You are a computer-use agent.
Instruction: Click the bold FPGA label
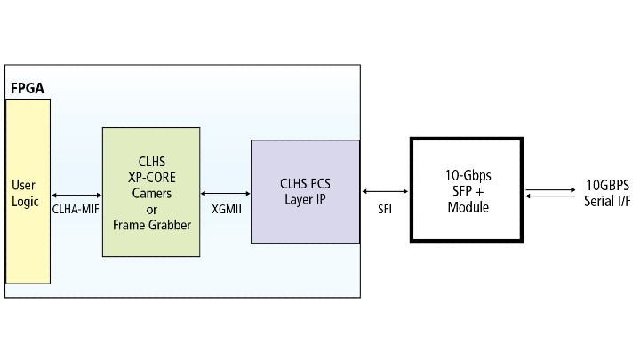(x=27, y=90)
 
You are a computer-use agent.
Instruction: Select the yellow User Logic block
(x=28, y=191)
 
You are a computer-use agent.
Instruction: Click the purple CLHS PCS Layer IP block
(x=304, y=191)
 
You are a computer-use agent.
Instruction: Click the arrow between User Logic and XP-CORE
(x=76, y=195)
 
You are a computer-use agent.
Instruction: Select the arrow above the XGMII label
(x=227, y=191)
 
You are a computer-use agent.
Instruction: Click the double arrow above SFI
(x=385, y=190)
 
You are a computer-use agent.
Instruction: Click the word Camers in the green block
(x=151, y=191)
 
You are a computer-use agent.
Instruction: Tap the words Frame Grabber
(x=151, y=225)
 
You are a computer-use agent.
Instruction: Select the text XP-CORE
(x=151, y=176)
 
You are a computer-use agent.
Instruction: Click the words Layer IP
(x=305, y=200)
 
